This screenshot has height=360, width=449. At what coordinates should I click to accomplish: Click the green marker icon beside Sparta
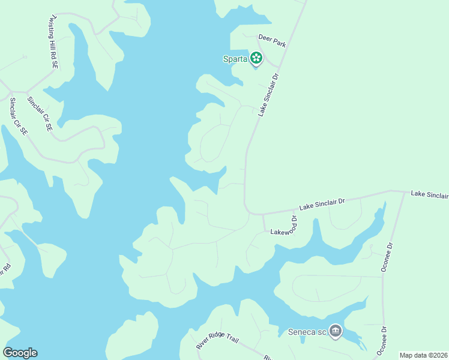(x=256, y=58)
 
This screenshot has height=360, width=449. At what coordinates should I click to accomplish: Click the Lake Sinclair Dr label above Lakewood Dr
(x=322, y=204)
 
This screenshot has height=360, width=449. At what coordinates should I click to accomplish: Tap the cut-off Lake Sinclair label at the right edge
(x=429, y=195)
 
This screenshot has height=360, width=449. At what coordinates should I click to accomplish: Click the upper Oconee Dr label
(x=387, y=257)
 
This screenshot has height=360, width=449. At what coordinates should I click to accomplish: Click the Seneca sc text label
(x=307, y=331)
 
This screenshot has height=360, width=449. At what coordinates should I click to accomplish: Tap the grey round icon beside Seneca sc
(x=335, y=331)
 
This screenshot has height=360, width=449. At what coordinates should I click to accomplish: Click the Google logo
(x=20, y=353)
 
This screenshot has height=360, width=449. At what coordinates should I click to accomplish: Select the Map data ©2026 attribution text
(x=423, y=355)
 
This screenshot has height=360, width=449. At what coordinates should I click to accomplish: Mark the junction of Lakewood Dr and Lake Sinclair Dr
(x=263, y=214)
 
